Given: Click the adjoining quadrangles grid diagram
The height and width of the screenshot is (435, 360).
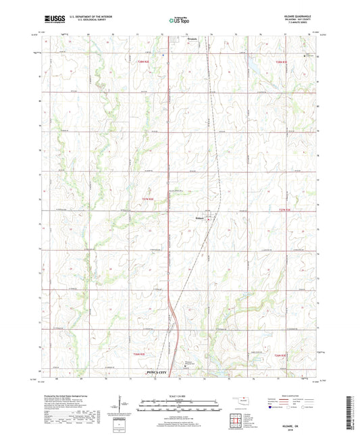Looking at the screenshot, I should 234,419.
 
